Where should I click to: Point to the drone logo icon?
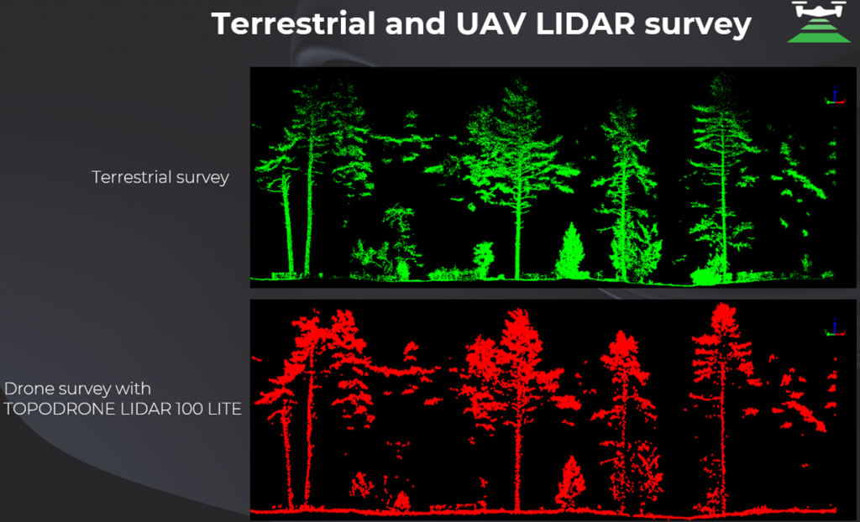819,22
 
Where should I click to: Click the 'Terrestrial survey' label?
160,177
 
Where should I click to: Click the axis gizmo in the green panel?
836,96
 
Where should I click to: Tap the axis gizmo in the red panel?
835,327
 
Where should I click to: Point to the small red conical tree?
570,483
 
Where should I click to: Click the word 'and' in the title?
415,23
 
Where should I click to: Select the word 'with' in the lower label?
133,389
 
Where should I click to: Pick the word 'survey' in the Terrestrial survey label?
202,179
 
